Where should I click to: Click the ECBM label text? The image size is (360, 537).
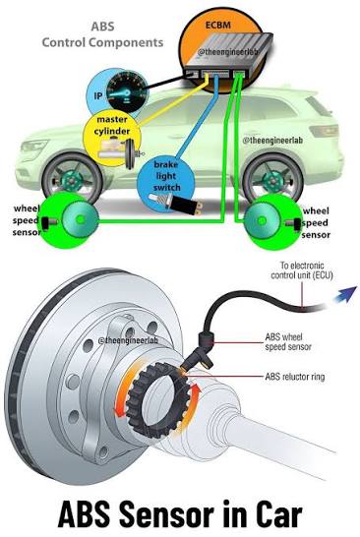point(218,25)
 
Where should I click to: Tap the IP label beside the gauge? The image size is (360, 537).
point(98,95)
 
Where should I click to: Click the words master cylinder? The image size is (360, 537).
point(112,125)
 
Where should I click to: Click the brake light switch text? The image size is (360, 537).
point(166,176)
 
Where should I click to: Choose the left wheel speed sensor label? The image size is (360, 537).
point(26,220)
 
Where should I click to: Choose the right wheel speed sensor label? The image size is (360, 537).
point(316,223)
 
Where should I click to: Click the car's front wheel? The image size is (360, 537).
point(72,179)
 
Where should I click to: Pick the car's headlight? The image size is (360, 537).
point(33,148)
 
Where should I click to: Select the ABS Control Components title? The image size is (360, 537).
point(102,34)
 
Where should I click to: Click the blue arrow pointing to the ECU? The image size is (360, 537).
point(345,295)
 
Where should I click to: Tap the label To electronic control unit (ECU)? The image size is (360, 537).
point(302,270)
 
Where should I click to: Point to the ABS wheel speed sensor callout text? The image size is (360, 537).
point(288,342)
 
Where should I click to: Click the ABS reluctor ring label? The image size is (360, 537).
point(295,377)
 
